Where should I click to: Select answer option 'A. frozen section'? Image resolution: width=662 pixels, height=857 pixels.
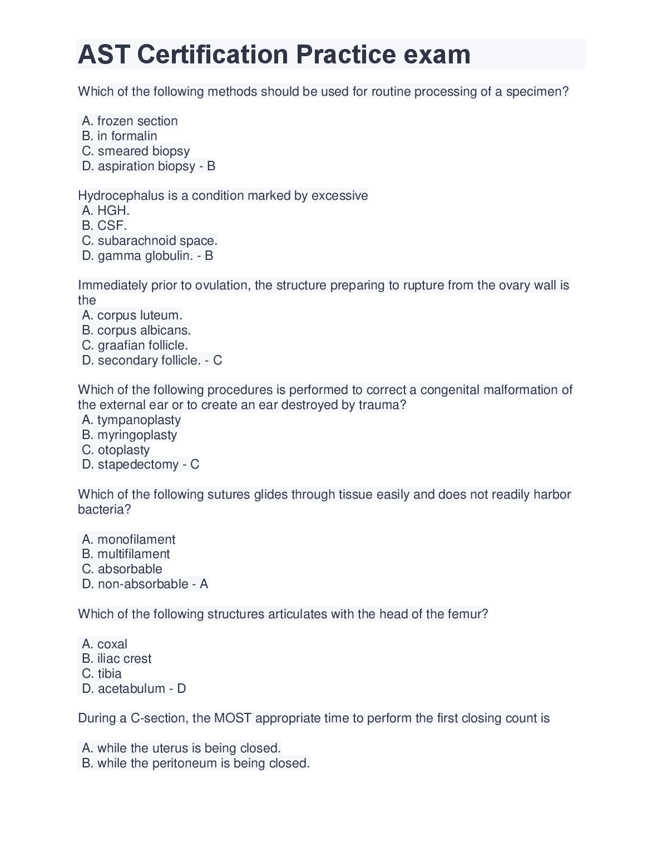point(130,121)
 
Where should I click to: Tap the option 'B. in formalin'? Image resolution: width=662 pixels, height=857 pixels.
point(120,136)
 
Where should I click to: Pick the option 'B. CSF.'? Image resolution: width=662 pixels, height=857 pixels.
point(105,225)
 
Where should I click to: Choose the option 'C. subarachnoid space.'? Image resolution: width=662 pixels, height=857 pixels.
point(150,240)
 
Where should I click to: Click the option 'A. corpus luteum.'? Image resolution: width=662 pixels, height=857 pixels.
point(132,315)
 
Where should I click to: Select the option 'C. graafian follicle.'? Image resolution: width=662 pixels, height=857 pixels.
point(135,345)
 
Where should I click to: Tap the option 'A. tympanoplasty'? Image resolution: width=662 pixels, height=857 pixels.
point(131,420)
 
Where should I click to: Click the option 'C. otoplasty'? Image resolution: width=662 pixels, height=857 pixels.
point(116,450)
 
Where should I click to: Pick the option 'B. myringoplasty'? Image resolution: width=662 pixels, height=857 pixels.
point(129,435)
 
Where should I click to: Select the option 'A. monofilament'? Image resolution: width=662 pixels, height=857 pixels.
point(129,539)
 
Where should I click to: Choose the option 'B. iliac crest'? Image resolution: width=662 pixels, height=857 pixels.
point(117,658)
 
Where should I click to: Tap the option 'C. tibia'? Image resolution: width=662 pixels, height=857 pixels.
point(102,673)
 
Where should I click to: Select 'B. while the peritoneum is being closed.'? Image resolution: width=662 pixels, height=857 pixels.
point(196,763)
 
